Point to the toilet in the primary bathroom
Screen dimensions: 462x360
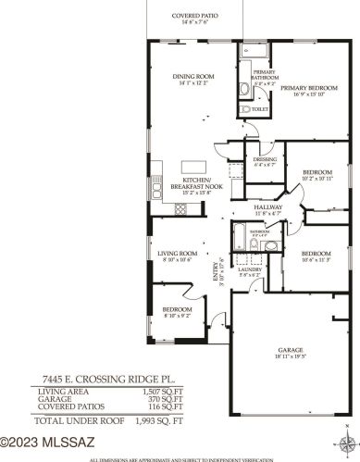click(x=245, y=108)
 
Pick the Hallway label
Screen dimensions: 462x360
click(x=270, y=208)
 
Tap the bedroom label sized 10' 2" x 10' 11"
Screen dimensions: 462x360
click(x=317, y=173)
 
